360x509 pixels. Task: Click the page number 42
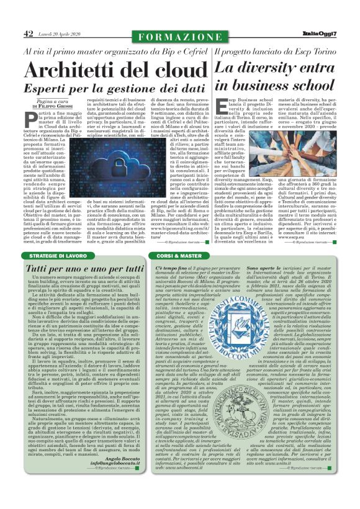pyautogui.click(x=28, y=34)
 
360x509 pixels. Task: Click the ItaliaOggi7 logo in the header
pyautogui.click(x=320, y=34)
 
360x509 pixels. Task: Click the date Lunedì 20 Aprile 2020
pyautogui.click(x=59, y=34)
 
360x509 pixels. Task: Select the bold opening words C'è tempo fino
pyautogui.click(x=171, y=267)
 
